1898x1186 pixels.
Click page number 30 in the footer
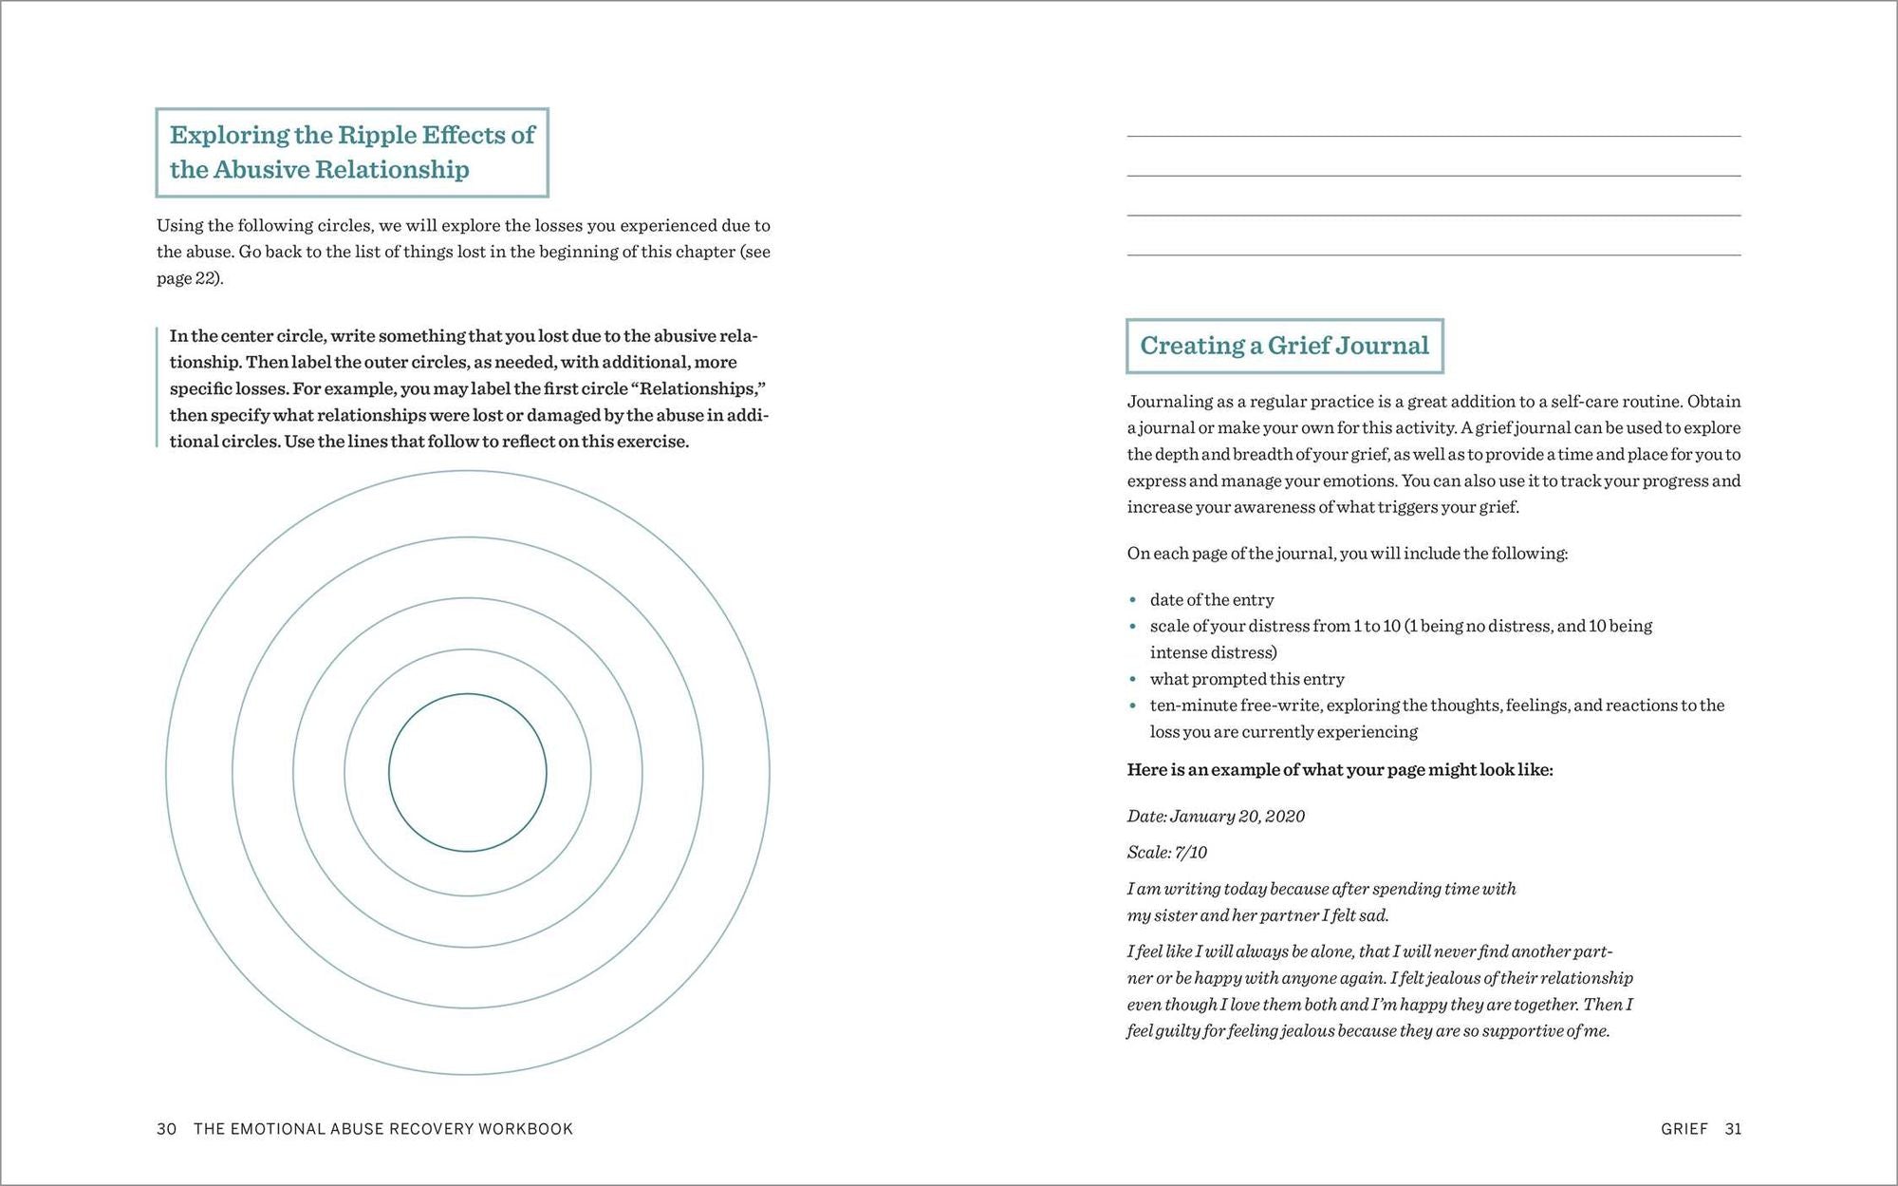pyautogui.click(x=167, y=1129)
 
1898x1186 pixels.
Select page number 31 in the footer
pyautogui.click(x=1733, y=1129)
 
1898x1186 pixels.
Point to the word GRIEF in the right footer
pyautogui.click(x=1684, y=1129)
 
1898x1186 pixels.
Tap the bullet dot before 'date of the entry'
pyautogui.click(x=1133, y=599)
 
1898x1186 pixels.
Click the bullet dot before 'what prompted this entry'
pyautogui.click(x=1133, y=679)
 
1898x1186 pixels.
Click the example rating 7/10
pyautogui.click(x=1191, y=853)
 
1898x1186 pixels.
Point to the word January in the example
pyautogui.click(x=1201, y=817)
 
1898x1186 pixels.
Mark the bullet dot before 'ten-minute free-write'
pyautogui.click(x=1133, y=706)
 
